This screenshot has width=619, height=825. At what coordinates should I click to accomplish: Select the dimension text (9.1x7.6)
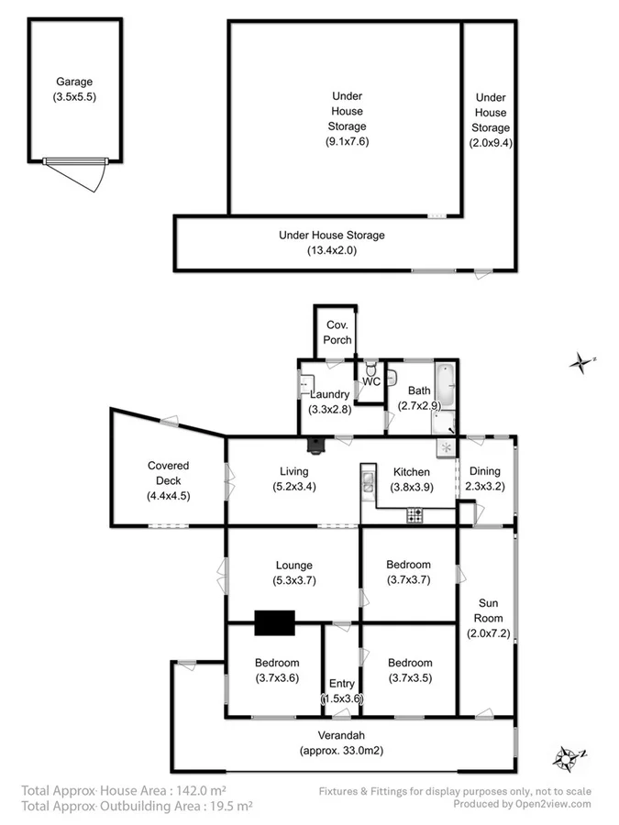pos(347,141)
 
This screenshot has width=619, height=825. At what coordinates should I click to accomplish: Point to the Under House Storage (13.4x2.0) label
pos(331,236)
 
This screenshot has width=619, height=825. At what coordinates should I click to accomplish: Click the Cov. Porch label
pos(337,333)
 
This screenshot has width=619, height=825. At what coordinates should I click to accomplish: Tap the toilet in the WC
pos(370,367)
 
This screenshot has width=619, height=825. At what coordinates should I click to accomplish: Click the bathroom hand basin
pos(392,378)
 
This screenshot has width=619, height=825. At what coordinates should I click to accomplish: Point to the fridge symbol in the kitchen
pos(446,447)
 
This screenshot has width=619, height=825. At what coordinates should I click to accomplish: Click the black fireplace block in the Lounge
pos(275,622)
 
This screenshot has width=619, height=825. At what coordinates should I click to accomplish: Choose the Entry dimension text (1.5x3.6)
pos(342,698)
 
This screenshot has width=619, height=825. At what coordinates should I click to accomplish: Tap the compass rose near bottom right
pos(567,758)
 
